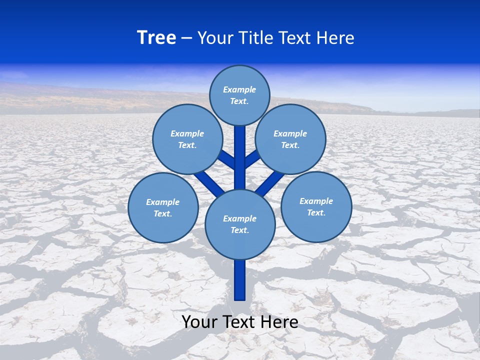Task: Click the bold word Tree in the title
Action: coord(156,37)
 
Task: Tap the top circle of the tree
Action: coord(239,95)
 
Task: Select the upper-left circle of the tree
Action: coord(187,139)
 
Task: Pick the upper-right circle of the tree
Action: coord(290,139)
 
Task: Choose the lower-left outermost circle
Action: coord(163,207)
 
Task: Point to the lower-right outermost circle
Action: coord(316,206)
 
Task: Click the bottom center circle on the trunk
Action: coord(240,224)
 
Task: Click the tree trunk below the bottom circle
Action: coord(240,280)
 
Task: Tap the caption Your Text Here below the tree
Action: coord(240,322)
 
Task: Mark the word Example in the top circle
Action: coord(239,90)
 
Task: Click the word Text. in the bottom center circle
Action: coord(239,230)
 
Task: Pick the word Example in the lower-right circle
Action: coord(316,201)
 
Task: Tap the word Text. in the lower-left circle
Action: coord(162,213)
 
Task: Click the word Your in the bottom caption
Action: coord(199,322)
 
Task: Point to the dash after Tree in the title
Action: coord(187,38)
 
